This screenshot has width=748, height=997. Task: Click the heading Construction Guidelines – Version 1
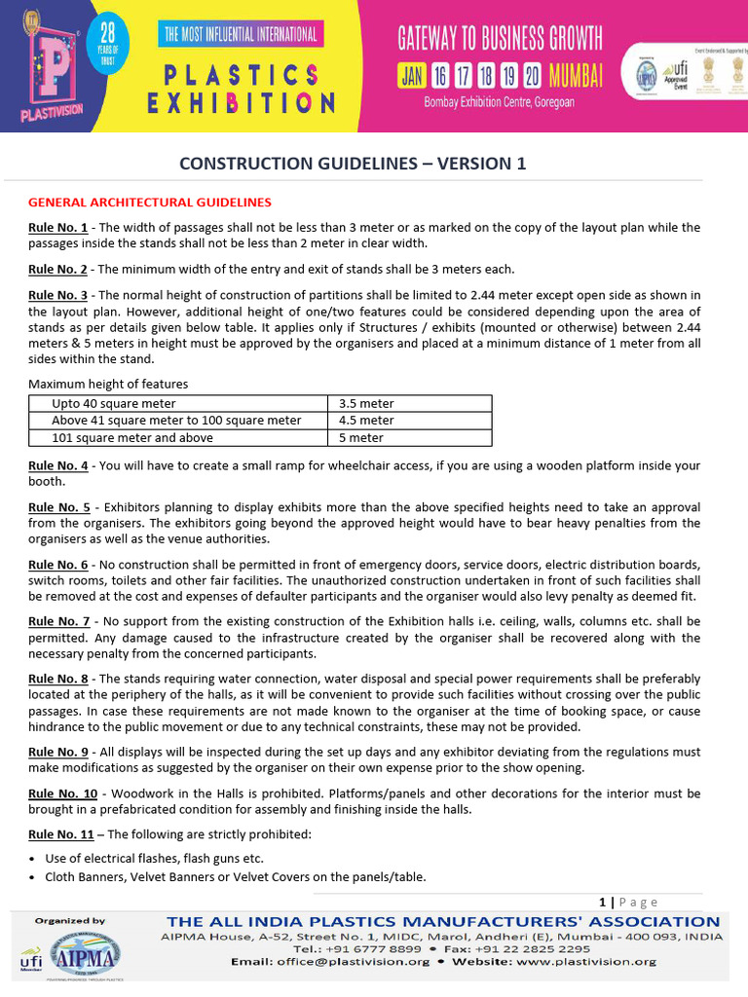tap(353, 164)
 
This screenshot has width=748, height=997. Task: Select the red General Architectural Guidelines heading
tap(150, 203)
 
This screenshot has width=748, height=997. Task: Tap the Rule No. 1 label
tap(58, 227)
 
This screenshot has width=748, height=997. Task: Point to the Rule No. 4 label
tap(58, 465)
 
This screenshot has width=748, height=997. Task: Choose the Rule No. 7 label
tap(58, 621)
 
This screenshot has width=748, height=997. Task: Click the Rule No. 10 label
tap(62, 794)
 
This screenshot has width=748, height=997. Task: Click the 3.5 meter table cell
tap(366, 403)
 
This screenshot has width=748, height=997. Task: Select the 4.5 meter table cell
tap(366, 421)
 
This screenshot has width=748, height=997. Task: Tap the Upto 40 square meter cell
tap(114, 403)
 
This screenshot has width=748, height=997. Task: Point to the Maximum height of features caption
tap(108, 385)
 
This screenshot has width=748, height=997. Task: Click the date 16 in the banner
tap(440, 75)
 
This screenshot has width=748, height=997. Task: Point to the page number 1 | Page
tap(629, 903)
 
